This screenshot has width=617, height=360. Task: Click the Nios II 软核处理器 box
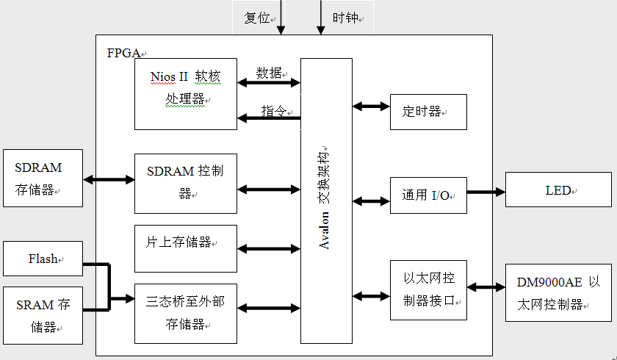pyautogui.click(x=186, y=94)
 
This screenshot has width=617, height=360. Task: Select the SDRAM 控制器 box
pyautogui.click(x=186, y=184)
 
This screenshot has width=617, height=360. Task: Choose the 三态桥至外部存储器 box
pyautogui.click(x=186, y=313)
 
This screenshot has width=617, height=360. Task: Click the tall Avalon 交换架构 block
pyautogui.click(x=326, y=201)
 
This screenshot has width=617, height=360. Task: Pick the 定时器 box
pyautogui.click(x=428, y=112)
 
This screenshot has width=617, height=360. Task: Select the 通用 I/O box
pyautogui.click(x=428, y=195)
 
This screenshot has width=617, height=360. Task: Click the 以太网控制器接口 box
pyautogui.click(x=428, y=289)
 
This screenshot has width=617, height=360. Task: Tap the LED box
pyautogui.click(x=558, y=191)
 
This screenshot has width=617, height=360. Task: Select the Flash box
pyautogui.click(x=43, y=259)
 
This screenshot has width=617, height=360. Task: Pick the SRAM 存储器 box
pyautogui.click(x=43, y=315)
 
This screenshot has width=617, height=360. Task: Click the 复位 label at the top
pyautogui.click(x=257, y=18)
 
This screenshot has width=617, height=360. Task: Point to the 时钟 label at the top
pyautogui.click(x=345, y=18)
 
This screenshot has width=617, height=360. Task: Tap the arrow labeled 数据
pyautogui.click(x=269, y=83)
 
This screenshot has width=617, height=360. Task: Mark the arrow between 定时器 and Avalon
pyautogui.click(x=371, y=107)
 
